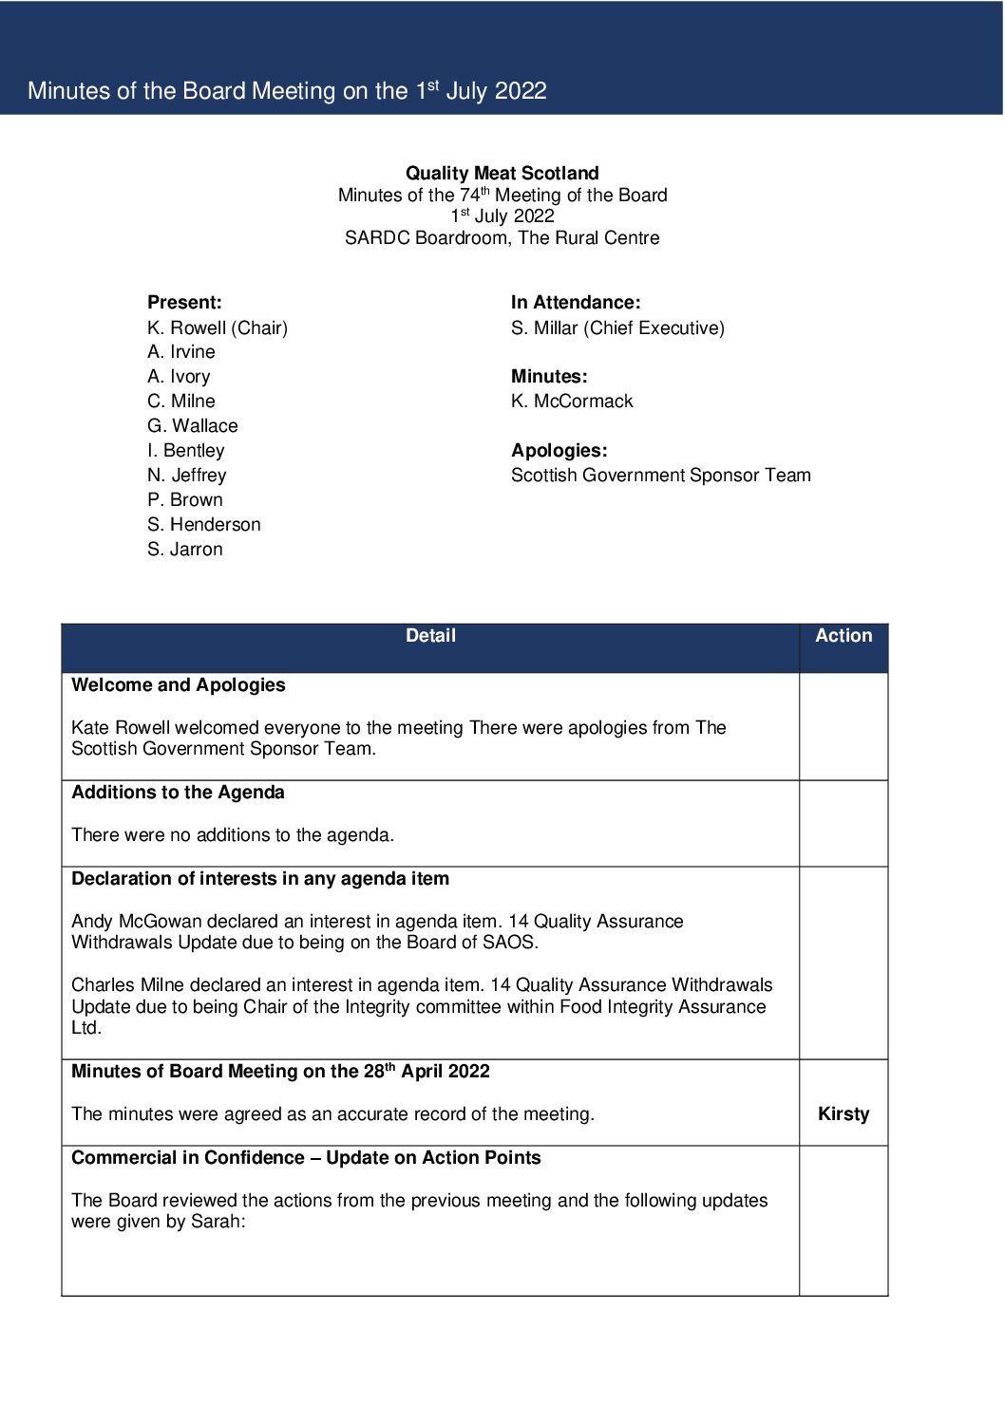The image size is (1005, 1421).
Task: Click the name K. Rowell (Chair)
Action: click(x=218, y=327)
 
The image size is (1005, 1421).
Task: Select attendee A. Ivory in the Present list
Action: click(x=179, y=376)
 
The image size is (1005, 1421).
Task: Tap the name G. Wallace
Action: click(x=193, y=425)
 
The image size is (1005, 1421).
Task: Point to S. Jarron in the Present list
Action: click(x=185, y=549)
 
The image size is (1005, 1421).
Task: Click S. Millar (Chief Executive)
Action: click(x=617, y=327)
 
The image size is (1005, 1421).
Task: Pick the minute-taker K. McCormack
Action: click(x=572, y=401)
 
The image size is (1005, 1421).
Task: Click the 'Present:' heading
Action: click(x=184, y=302)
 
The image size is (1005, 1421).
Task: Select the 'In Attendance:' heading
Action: click(x=576, y=302)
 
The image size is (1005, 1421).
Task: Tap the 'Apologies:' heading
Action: click(x=559, y=450)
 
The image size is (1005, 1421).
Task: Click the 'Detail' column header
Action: click(x=430, y=636)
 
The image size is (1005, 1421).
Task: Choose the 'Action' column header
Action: click(x=844, y=636)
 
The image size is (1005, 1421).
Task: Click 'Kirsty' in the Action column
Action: click(x=844, y=1113)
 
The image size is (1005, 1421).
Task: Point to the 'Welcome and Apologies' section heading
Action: click(x=179, y=684)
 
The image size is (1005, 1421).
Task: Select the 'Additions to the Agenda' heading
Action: click(x=178, y=792)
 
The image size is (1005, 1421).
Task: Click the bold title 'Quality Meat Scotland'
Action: click(x=502, y=173)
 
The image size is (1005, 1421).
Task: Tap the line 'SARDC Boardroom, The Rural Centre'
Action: click(x=502, y=237)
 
